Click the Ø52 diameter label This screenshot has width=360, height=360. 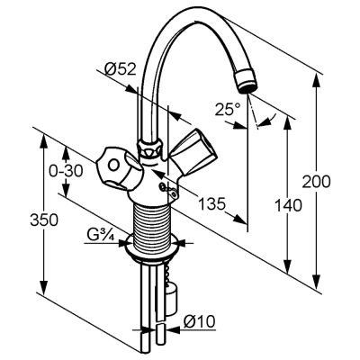point(121,69)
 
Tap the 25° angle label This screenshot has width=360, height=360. point(228,109)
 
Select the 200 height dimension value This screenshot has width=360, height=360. point(317,182)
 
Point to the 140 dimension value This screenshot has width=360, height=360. point(288,205)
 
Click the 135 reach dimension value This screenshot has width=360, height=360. point(211,204)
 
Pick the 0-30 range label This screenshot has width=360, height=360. point(66,172)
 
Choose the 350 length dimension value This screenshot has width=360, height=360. point(44,220)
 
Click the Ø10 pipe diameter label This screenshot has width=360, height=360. point(200,322)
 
